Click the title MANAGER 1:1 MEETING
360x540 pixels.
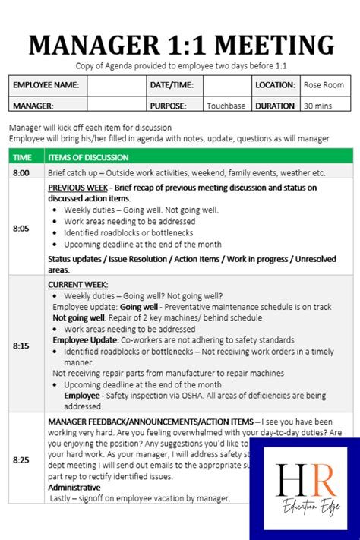(180, 45)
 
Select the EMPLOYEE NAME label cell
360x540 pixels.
(46, 85)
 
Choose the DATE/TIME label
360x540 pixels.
(172, 85)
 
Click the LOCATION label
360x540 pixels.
(275, 85)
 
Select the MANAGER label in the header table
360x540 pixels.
(33, 106)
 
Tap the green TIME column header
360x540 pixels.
(23, 157)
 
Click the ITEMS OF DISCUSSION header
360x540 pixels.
(88, 157)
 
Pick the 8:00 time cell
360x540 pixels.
(21, 173)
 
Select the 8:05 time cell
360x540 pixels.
(21, 227)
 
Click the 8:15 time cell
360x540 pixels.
(21, 346)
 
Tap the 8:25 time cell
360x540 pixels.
(21, 459)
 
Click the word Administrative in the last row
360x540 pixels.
(74, 487)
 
